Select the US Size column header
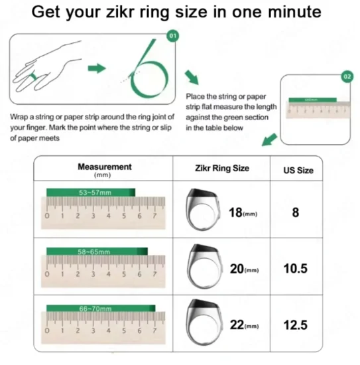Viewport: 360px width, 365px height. click(296, 171)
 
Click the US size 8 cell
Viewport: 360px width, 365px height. click(296, 212)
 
